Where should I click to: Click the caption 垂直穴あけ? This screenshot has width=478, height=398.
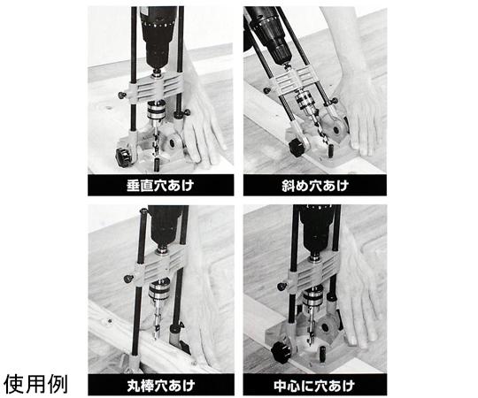(x=160, y=185)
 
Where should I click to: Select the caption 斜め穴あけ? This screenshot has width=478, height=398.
(x=314, y=185)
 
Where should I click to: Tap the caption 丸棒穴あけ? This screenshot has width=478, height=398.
(x=160, y=386)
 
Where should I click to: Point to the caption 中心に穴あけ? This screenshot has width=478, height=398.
(x=314, y=386)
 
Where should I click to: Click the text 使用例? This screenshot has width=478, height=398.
(x=35, y=385)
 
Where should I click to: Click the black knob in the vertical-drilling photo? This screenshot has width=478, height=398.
(x=123, y=157)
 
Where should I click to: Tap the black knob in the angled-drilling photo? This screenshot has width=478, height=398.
(x=298, y=148)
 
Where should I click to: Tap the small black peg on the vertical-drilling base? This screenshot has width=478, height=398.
(x=157, y=165)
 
